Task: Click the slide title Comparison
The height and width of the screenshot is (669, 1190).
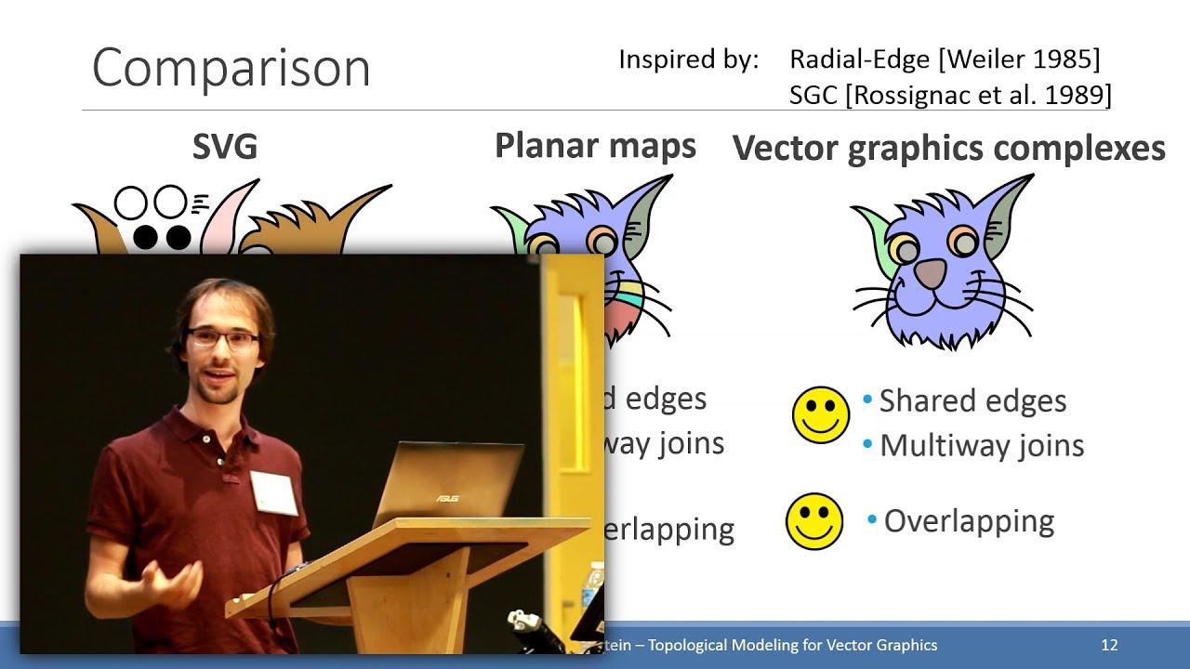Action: [x=231, y=68]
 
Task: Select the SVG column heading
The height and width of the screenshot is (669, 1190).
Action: [x=224, y=147]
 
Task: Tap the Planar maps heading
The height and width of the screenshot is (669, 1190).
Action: [x=595, y=146]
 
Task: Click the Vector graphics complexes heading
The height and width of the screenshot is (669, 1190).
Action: [x=949, y=149]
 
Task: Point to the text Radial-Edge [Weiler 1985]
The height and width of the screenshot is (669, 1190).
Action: [x=945, y=59]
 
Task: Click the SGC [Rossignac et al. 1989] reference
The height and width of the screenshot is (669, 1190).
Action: [x=950, y=95]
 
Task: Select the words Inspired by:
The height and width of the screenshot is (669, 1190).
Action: [x=688, y=59]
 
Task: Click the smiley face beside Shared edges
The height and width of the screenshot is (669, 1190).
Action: [x=820, y=414]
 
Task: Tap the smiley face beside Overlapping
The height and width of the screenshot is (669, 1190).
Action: [x=814, y=521]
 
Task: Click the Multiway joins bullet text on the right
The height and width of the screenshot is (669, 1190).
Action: [x=981, y=445]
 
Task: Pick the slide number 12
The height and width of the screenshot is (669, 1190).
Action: [x=1108, y=645]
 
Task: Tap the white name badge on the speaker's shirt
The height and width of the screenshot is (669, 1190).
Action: [x=274, y=492]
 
